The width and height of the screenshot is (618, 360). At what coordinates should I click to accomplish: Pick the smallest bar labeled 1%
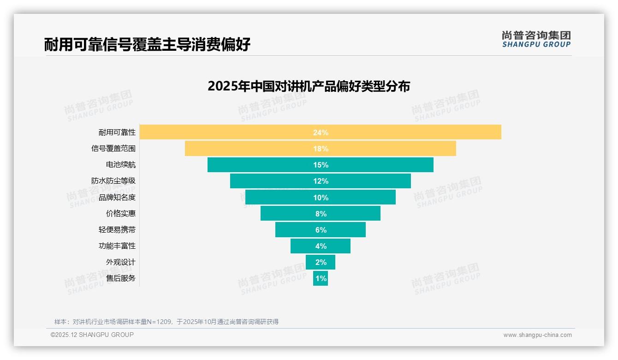point(321,278)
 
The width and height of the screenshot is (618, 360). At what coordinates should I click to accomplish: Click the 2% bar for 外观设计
point(321,262)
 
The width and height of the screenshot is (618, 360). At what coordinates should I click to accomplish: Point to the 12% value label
point(321,181)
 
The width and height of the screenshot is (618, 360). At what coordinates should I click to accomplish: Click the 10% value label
point(321,198)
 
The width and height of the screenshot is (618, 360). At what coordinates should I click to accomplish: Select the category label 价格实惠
point(121,214)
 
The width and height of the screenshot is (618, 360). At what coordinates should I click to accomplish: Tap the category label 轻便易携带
point(117,230)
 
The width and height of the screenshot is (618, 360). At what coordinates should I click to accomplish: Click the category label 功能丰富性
point(117,246)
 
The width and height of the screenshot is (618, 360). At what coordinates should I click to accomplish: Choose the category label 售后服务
point(121,278)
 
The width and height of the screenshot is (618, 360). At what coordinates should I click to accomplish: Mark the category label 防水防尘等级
point(113,181)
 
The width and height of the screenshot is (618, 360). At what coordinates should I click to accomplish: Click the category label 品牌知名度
point(117,198)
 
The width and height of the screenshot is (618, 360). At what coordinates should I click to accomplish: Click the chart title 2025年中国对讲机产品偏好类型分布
point(309,86)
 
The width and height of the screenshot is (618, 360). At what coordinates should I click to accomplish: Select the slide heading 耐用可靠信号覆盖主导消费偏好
point(148,45)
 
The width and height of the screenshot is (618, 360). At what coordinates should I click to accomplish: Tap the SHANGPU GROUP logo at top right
point(536,39)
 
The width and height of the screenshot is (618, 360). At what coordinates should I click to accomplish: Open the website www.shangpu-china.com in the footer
point(537,335)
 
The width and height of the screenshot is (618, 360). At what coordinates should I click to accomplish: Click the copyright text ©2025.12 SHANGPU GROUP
point(92,335)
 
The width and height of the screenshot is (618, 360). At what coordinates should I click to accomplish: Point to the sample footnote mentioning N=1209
point(166,322)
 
